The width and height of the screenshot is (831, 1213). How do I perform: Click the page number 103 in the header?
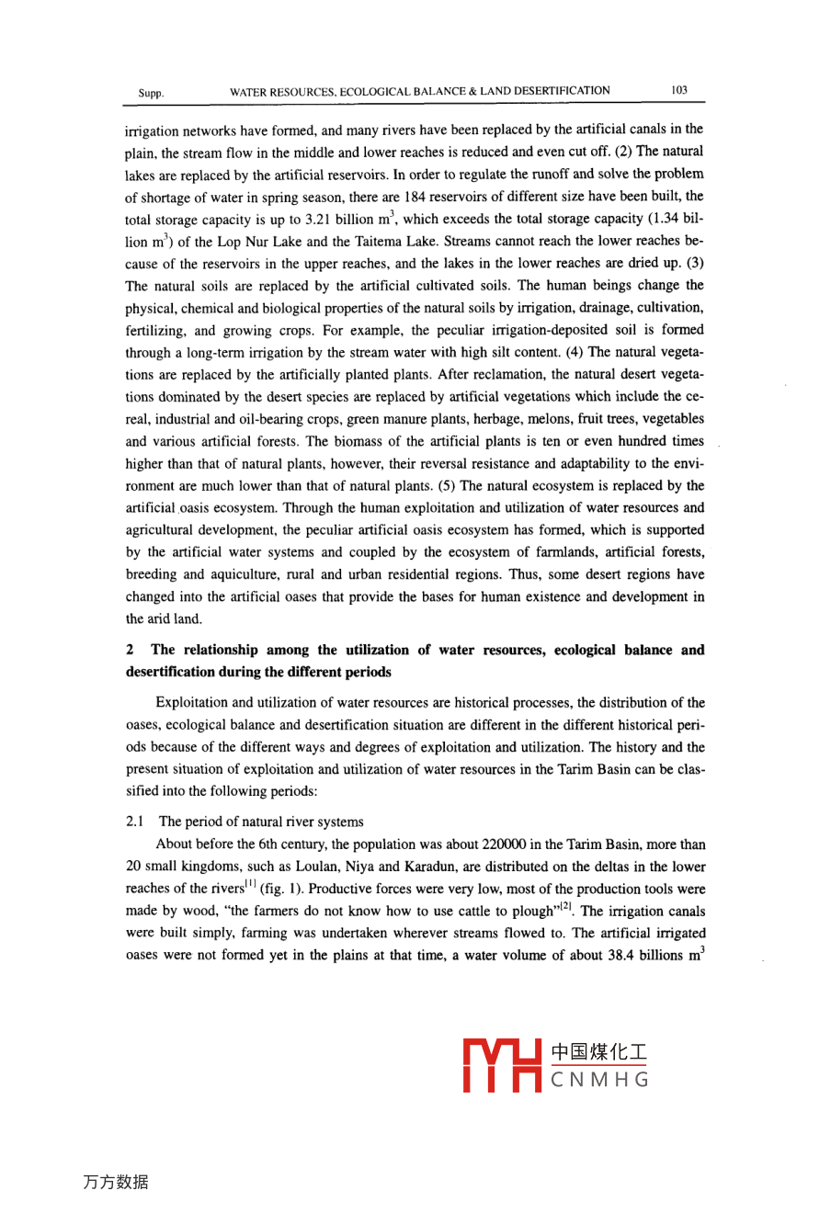pyautogui.click(x=679, y=90)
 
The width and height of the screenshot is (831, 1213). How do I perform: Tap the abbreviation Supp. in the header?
pyautogui.click(x=151, y=93)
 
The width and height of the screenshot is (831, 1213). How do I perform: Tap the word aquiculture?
pyautogui.click(x=247, y=574)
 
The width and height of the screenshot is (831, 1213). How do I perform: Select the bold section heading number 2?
pyautogui.click(x=130, y=650)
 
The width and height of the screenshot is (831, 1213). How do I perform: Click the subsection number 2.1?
pyautogui.click(x=136, y=822)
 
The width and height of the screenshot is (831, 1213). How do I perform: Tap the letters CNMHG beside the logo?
pyautogui.click(x=599, y=1080)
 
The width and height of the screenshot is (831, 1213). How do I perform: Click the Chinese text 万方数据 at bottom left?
pyautogui.click(x=116, y=1183)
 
